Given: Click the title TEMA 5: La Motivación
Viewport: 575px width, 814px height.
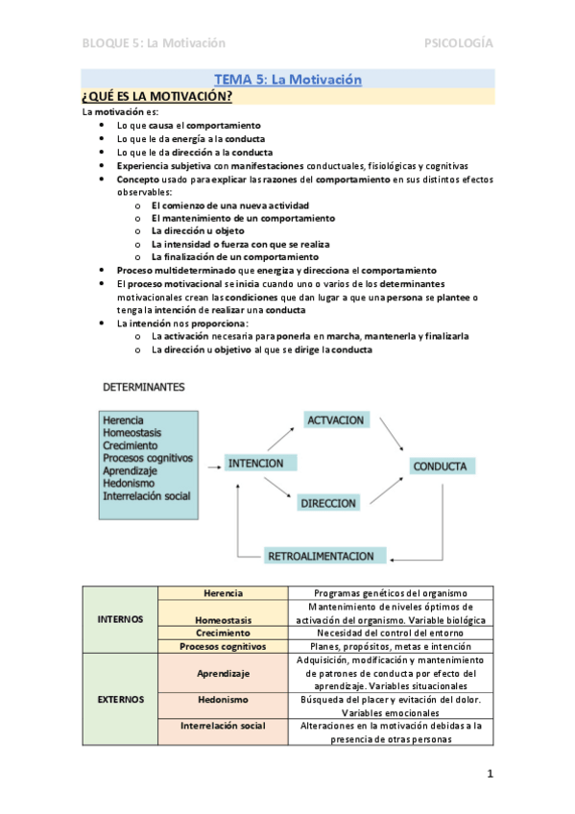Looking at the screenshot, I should [x=287, y=80].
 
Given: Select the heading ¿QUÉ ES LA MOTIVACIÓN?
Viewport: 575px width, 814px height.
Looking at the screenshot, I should [x=157, y=96].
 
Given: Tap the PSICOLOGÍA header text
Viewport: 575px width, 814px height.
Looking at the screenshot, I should [x=459, y=43].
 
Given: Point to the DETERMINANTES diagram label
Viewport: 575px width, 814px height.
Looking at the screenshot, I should [x=145, y=387].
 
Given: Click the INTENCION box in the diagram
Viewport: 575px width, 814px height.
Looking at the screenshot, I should [x=255, y=463].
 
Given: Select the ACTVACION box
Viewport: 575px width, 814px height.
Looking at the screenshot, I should [x=335, y=420].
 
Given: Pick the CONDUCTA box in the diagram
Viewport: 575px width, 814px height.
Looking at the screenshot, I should [x=440, y=467].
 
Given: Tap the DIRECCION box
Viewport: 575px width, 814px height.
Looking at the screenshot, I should [x=327, y=502].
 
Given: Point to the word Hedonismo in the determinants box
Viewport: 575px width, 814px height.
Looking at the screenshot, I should [x=131, y=484].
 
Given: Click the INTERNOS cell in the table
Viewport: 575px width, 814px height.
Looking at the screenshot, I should [x=121, y=619].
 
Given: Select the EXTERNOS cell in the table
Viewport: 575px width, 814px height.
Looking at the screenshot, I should [x=121, y=699].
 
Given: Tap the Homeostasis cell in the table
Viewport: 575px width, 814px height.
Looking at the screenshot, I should [x=223, y=620].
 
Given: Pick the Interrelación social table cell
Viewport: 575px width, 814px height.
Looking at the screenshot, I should [x=223, y=726].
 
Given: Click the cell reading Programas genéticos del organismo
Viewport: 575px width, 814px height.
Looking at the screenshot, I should [x=391, y=593].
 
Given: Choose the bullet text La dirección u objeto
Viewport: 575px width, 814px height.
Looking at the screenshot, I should [x=197, y=231].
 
